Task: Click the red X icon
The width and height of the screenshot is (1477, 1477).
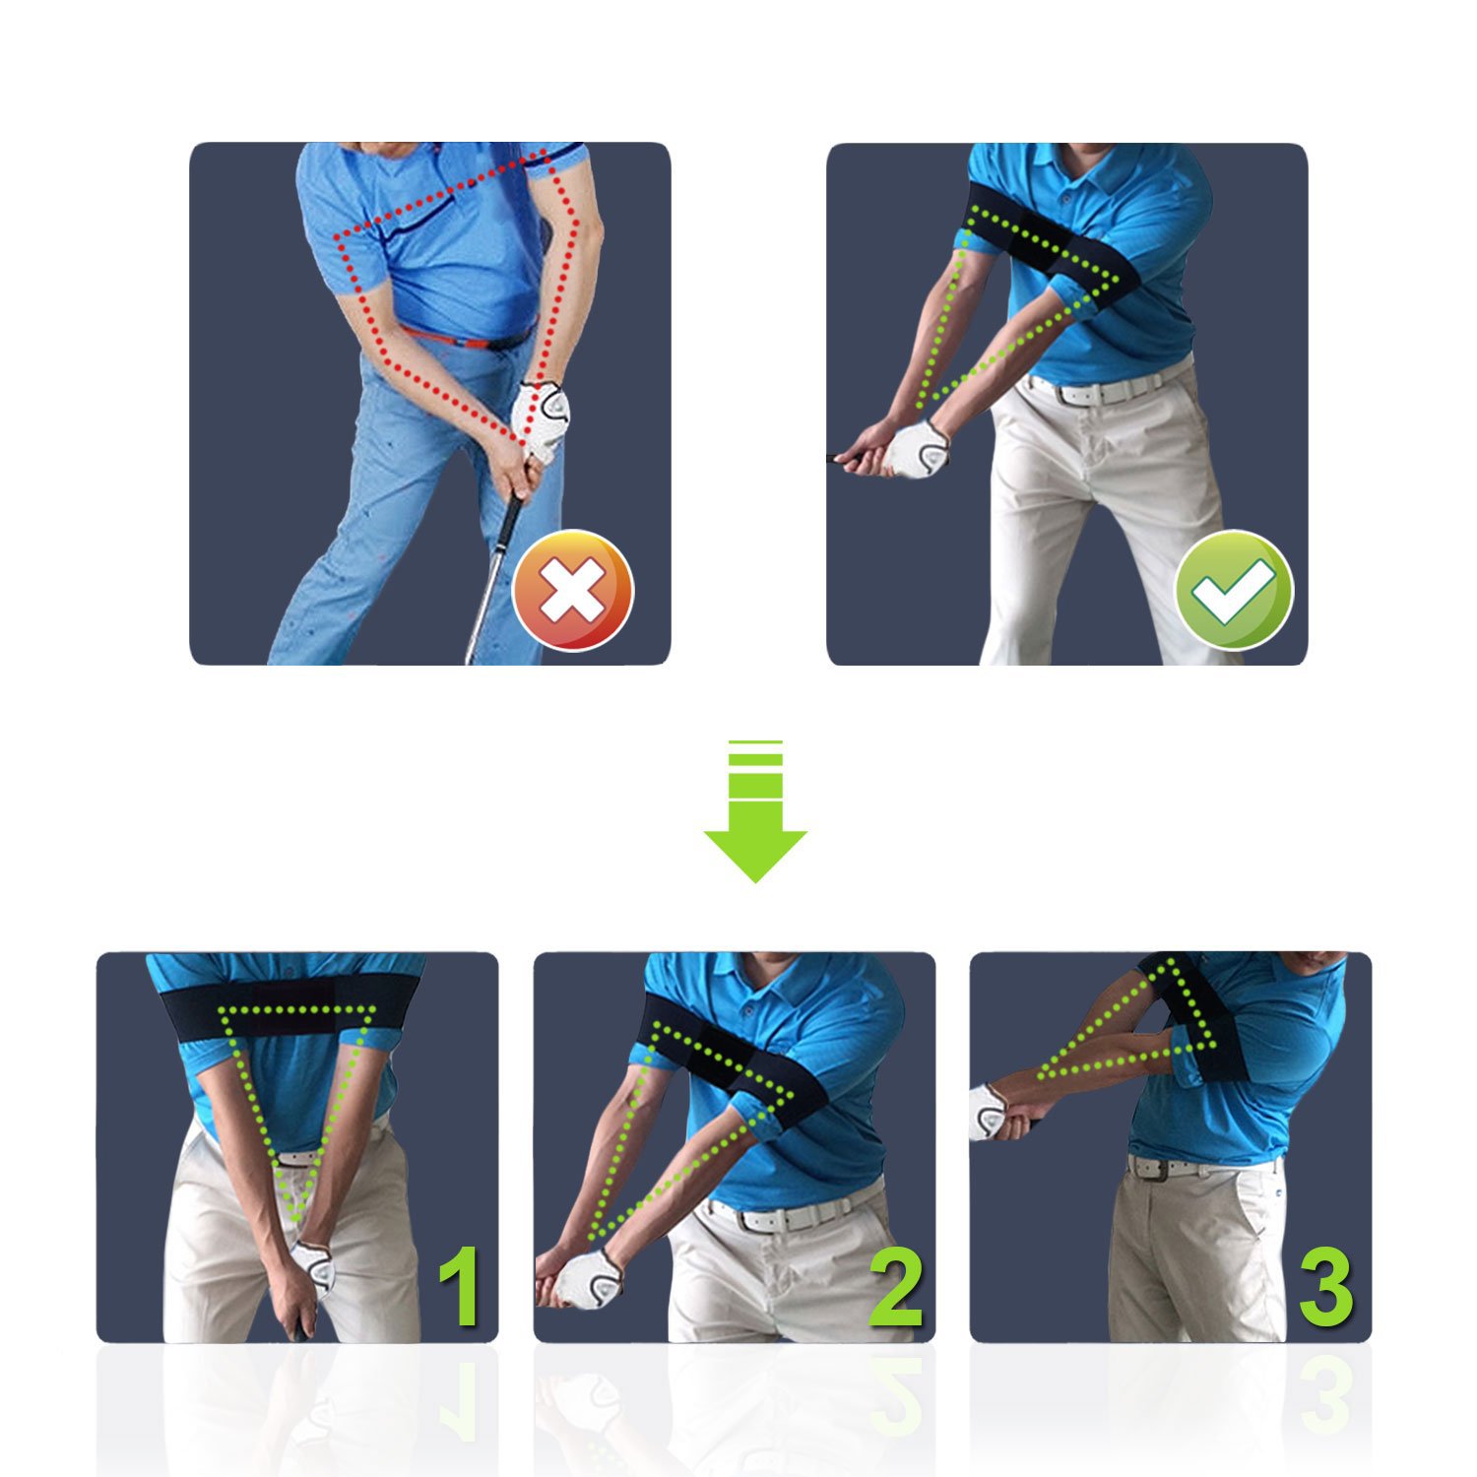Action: (x=573, y=590)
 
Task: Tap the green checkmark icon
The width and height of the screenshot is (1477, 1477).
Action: (x=1234, y=590)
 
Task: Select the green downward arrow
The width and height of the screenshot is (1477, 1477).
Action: (x=755, y=810)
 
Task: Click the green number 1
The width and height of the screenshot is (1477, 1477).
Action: (x=460, y=1286)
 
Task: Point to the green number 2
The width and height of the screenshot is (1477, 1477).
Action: (x=896, y=1286)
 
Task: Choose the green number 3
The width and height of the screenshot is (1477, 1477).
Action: (x=1326, y=1286)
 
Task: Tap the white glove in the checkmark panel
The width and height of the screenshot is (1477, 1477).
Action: (x=914, y=450)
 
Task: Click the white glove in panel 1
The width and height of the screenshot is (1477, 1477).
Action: (x=314, y=1269)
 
